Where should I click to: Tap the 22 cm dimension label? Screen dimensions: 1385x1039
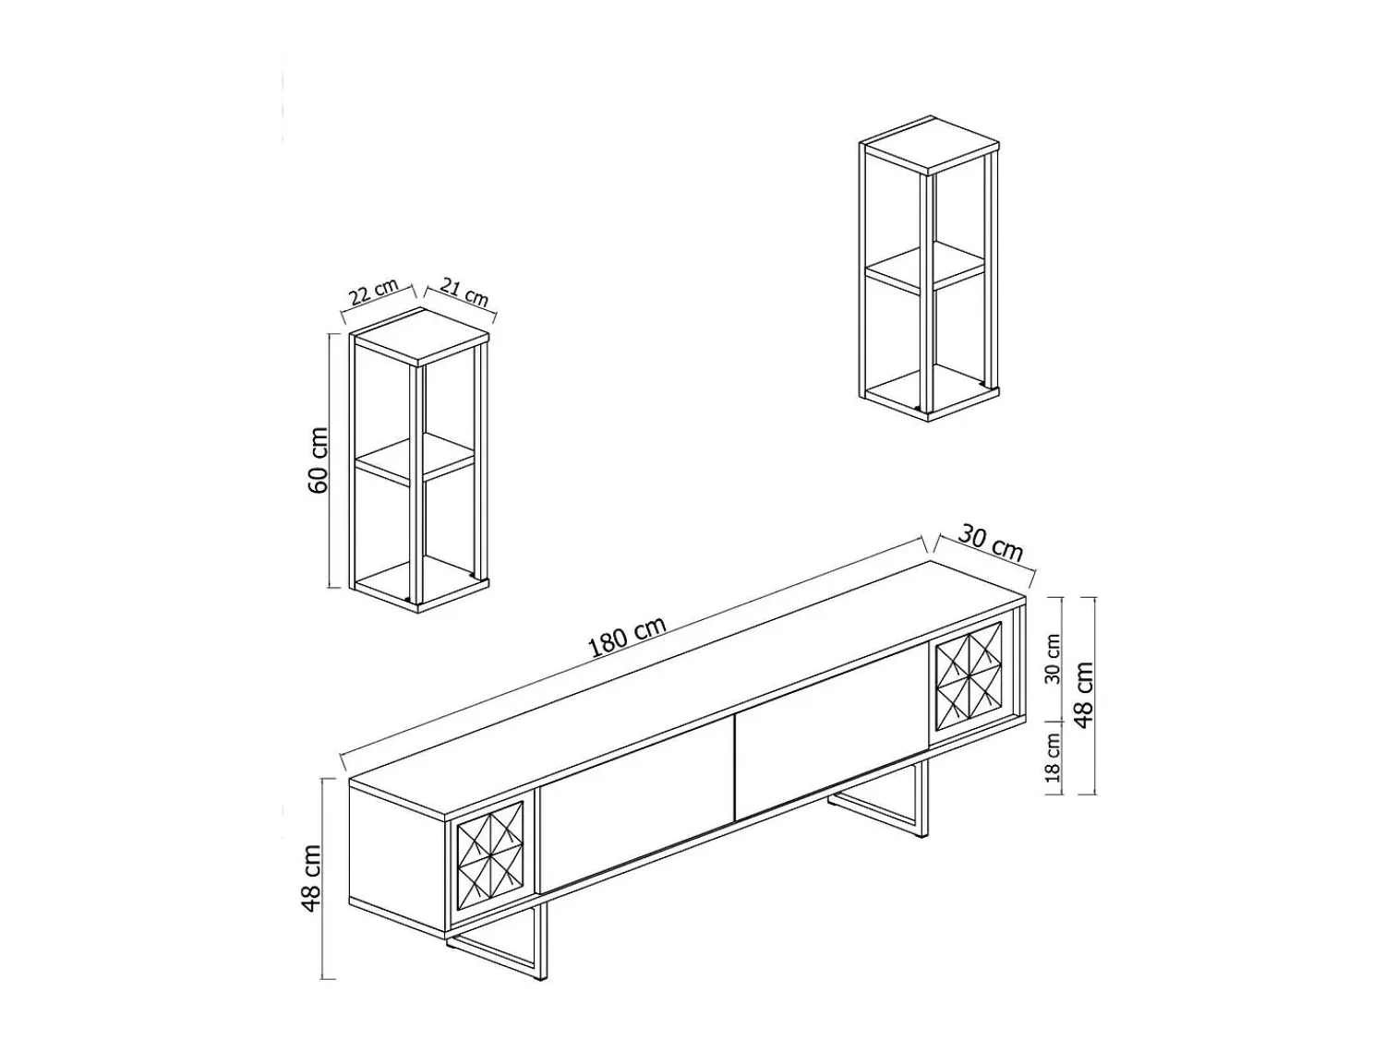point(375,292)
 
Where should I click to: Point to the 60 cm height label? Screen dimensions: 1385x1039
point(319,460)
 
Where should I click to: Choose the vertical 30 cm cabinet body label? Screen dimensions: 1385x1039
point(1053,658)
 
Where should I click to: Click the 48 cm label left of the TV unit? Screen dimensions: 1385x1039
point(312,878)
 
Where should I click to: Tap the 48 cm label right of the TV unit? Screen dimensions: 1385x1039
point(1083,695)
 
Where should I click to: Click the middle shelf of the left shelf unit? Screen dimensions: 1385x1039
point(415,461)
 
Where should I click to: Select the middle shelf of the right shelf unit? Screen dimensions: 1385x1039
point(925,269)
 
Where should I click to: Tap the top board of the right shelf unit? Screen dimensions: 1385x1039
point(929,144)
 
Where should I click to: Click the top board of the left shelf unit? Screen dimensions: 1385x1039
point(419,336)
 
